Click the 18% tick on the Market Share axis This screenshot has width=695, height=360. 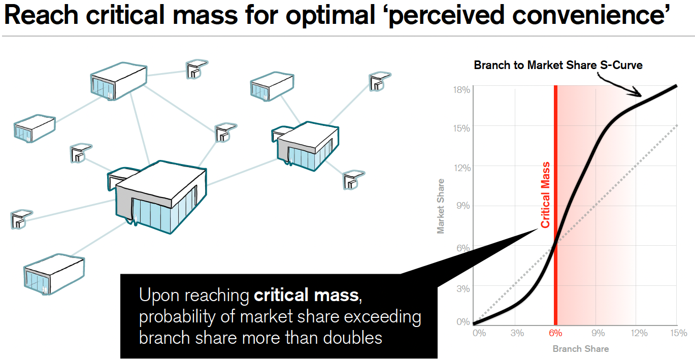click(462, 89)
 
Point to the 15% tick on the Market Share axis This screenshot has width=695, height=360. click(462, 128)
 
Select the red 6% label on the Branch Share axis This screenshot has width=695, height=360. click(555, 333)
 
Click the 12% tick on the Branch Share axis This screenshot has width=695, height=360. click(639, 333)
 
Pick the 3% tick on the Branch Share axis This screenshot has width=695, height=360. click(516, 333)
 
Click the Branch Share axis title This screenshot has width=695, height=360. click(580, 349)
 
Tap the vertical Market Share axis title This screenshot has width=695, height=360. click(441, 206)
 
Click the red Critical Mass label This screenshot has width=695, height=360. click(545, 195)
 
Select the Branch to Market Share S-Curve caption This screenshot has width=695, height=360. click(558, 65)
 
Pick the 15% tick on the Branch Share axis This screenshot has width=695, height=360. click(679, 333)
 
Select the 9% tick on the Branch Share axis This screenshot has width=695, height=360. click(598, 333)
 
